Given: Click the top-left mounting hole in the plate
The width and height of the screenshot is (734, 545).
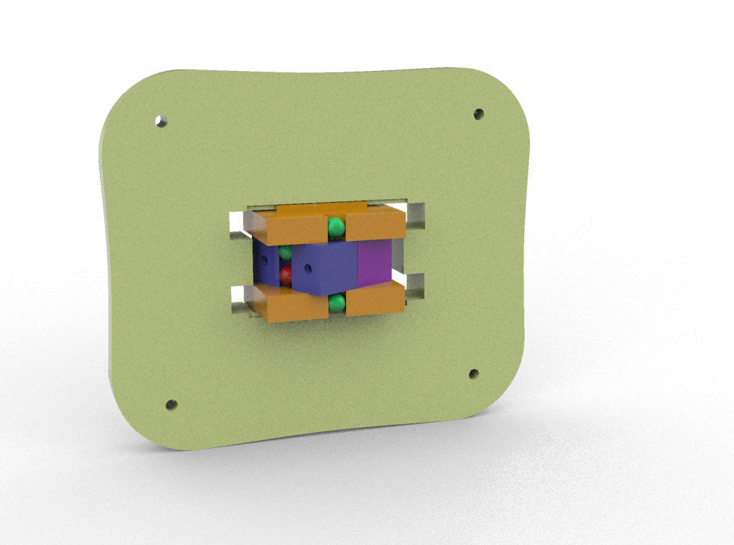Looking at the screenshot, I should pos(161,121).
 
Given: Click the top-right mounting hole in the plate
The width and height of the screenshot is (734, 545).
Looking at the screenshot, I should pos(478,114).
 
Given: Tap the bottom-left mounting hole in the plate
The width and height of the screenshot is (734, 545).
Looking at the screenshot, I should pos(172,405).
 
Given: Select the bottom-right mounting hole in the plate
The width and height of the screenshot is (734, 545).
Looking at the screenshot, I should pos(473,374).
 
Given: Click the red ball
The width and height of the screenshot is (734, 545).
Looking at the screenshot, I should pos(285,275).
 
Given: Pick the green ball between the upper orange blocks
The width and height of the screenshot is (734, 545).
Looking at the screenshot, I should pos(337,228).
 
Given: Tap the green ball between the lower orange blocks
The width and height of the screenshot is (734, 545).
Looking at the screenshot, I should pos(337,303).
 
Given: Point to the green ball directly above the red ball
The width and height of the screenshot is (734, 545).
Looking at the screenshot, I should pos(285,253).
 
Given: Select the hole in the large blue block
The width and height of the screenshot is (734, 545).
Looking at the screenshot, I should pos(308,268).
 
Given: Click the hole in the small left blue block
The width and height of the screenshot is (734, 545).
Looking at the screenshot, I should pos(265,258).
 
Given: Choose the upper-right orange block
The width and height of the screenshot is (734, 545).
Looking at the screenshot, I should pos(375,226).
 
